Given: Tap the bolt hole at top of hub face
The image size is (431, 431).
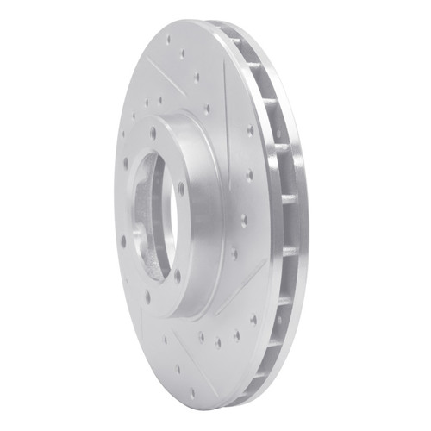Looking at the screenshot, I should pyautogui.click(x=153, y=134).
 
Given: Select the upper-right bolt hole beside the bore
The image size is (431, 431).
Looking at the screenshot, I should pyautogui.click(x=181, y=185).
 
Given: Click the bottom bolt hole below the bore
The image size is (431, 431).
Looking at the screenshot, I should pyautogui.click(x=147, y=297).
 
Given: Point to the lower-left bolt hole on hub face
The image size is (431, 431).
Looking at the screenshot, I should pyautogui.click(x=123, y=241).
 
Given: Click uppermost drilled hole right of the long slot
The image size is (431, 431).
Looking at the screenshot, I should pyautogui.click(x=250, y=130).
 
